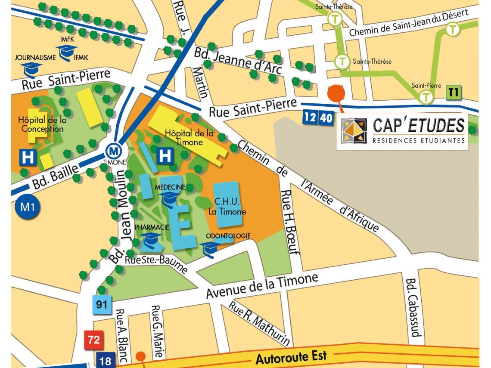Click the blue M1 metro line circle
pyautogui.click(x=27, y=207)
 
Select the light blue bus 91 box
pyautogui.click(x=102, y=305)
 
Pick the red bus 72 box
pyautogui.click(x=94, y=340)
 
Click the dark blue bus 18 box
pyautogui.click(x=105, y=361)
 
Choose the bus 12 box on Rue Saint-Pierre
pyautogui.click(x=310, y=117)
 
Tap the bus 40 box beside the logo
pyautogui.click(x=326, y=117)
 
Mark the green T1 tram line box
pyautogui.click(x=453, y=92)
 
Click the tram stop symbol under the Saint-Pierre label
pyautogui.click(x=426, y=97)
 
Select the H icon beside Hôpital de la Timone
pyautogui.click(x=165, y=156)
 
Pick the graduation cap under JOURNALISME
pyautogui.click(x=32, y=69)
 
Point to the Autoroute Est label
pyautogui.click(x=291, y=357)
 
